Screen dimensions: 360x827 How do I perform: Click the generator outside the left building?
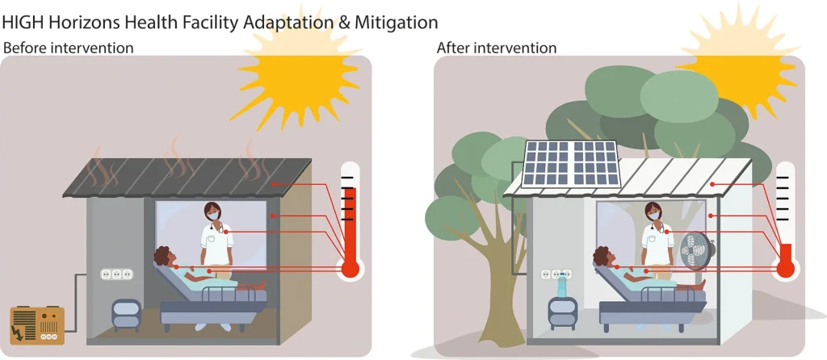coord(37,324)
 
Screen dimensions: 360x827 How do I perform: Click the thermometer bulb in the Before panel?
coord(350,269)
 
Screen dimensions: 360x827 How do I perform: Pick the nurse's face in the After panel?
coord(653,214)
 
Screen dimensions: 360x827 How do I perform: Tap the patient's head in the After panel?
coord(602,258)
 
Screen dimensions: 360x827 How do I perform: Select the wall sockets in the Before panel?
coord(115,274)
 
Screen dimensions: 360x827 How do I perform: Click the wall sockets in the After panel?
coord(556,274)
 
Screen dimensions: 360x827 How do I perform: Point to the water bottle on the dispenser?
coord(563,285)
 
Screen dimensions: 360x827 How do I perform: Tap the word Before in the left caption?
coord(24,48)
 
